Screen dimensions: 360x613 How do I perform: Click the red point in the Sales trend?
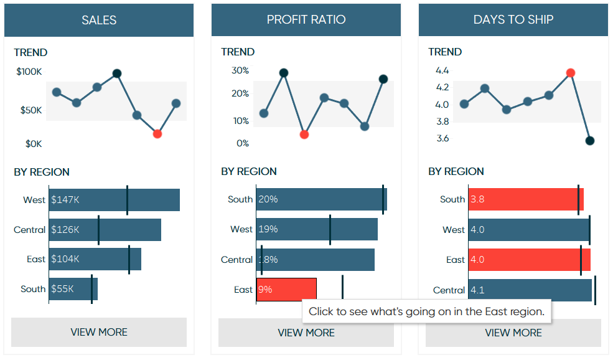tap(157, 133)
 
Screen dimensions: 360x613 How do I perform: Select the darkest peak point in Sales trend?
tap(116, 73)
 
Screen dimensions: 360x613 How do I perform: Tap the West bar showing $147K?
tap(115, 200)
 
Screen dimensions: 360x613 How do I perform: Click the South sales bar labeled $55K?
tap(73, 289)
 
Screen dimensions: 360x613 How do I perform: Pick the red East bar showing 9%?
tap(286, 290)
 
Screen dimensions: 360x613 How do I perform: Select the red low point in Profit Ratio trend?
tap(304, 134)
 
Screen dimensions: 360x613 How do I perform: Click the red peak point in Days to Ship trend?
tap(571, 73)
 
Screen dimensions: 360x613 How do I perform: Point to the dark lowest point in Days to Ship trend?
tap(590, 141)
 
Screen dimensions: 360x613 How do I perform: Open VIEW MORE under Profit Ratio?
tap(306, 333)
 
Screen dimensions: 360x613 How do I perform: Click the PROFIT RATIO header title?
tap(306, 20)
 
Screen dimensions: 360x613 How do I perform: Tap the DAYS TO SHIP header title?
tap(513, 20)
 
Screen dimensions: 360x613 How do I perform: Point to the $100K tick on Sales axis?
tap(29, 72)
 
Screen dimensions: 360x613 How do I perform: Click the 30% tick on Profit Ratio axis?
tap(240, 70)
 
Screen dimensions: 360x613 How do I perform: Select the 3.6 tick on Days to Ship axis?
tap(442, 138)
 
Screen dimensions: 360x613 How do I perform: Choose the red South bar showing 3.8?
tap(526, 199)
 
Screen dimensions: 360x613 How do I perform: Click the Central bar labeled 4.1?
tap(530, 290)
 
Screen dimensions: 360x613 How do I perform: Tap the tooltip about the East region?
tap(427, 311)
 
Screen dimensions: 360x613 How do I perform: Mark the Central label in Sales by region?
tap(30, 230)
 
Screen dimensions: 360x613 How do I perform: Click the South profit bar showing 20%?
tap(321, 199)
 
